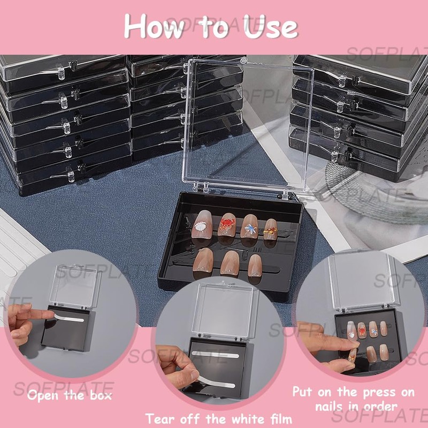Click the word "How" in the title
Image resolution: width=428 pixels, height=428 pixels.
pyautogui.click(x=154, y=26)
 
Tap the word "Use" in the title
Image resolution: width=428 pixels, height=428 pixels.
pyautogui.click(x=271, y=26)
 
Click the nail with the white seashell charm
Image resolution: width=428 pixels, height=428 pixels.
pyautogui.click(x=202, y=224)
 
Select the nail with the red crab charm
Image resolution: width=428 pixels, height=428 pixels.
pyautogui.click(x=227, y=224)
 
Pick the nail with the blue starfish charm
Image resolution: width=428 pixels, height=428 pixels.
pyautogui.click(x=249, y=226)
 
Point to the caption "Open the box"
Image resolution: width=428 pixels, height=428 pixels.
pyautogui.click(x=70, y=395)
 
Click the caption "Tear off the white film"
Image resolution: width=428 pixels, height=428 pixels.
pyautogui.click(x=219, y=418)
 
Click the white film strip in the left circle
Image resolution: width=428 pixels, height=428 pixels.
pyautogui.click(x=70, y=318)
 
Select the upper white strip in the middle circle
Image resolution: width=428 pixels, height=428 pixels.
pyautogui.click(x=216, y=354)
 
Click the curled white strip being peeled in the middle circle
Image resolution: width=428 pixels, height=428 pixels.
pyautogui.click(x=216, y=381)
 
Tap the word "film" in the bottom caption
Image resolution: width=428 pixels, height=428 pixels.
pyautogui.click(x=278, y=418)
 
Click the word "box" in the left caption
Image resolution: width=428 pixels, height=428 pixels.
pyautogui.click(x=101, y=395)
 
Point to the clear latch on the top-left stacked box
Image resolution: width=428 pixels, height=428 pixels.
pyautogui.click(x=61, y=72)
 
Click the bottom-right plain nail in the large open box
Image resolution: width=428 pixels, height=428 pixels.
pyautogui.click(x=255, y=264)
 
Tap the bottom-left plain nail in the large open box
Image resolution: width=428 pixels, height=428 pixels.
pyautogui.click(x=203, y=260)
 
